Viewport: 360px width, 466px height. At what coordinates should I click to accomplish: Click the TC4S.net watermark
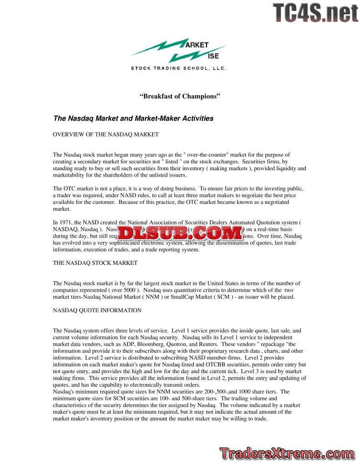[x=315, y=13]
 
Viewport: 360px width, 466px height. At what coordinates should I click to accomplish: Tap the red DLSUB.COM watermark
[x=180, y=233]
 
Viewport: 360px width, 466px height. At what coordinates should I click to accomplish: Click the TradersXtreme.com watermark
[x=286, y=453]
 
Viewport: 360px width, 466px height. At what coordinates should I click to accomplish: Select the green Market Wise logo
[x=179, y=51]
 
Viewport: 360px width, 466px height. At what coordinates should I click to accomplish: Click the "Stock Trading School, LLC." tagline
[x=178, y=68]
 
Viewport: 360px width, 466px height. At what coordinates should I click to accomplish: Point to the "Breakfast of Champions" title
[x=180, y=96]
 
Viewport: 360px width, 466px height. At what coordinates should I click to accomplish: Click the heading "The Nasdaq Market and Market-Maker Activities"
[x=133, y=118]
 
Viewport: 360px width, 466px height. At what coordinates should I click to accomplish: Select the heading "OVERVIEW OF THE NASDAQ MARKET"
[x=106, y=134]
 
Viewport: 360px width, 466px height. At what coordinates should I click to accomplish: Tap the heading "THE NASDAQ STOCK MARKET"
[x=95, y=263]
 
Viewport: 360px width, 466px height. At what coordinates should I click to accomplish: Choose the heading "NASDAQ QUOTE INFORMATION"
[x=97, y=310]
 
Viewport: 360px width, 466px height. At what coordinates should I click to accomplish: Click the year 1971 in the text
[x=66, y=223]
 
